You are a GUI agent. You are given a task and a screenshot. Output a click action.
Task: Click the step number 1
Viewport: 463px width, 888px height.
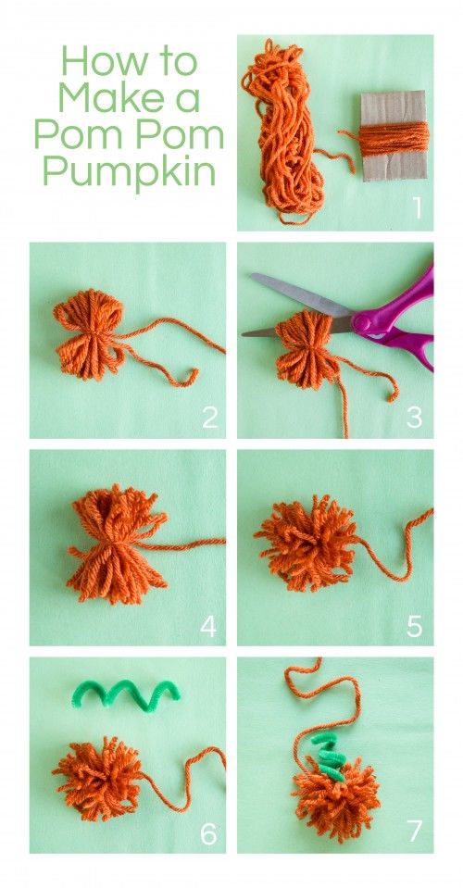[416, 207]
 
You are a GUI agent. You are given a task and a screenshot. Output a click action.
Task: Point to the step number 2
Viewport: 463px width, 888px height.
[209, 418]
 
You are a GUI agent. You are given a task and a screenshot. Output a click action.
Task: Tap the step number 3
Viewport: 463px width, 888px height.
[414, 418]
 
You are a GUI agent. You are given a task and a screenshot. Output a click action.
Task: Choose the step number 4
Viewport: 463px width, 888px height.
[208, 627]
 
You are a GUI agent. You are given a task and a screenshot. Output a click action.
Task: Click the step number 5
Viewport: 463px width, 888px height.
[414, 627]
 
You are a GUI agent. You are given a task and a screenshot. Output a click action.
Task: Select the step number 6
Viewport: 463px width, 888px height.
[208, 834]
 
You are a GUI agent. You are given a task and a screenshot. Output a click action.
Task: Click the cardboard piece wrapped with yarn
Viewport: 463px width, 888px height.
[393, 137]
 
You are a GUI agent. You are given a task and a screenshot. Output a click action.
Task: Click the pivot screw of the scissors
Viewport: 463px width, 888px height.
[361, 323]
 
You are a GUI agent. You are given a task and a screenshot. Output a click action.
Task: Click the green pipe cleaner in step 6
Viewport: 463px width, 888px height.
[124, 692]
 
